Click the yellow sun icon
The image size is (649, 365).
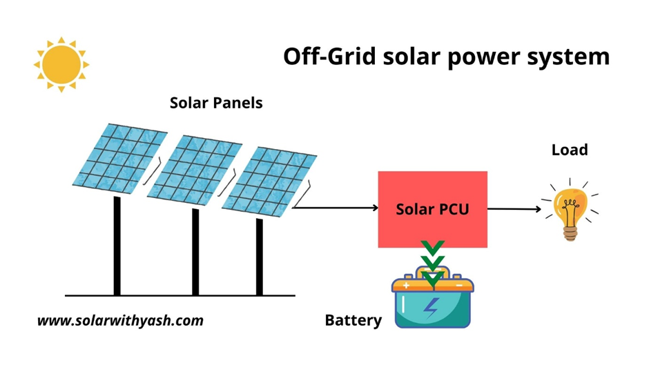tap(61, 64)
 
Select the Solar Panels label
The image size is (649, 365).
tap(216, 103)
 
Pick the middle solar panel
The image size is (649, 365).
tap(195, 170)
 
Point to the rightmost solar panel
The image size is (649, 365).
tap(273, 181)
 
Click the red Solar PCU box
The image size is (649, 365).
tap(432, 208)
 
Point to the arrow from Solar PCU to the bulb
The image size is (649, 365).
tap(514, 208)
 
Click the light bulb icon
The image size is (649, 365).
tap(571, 209)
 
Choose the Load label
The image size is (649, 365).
tap(570, 150)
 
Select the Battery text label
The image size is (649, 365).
tap(353, 320)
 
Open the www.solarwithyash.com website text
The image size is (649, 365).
tap(120, 320)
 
